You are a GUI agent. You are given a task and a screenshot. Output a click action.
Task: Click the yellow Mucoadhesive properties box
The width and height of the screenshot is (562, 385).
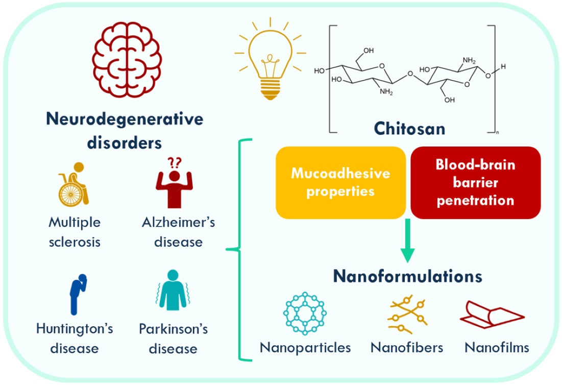coord(340,182)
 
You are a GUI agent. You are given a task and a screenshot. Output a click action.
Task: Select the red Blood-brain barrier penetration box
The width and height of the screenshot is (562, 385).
coord(475,182)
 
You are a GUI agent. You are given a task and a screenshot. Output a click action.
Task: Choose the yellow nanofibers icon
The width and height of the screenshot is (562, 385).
coord(407,314)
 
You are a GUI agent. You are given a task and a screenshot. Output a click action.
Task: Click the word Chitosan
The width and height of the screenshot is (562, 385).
coord(409,128)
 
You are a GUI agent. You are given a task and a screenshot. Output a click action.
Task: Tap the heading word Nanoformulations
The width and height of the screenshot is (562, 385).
coord(407,277)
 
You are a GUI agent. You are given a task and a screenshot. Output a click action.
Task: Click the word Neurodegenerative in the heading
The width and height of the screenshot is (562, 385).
coord(125,119)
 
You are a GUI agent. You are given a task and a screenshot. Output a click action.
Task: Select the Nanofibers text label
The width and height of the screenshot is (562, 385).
coord(407,348)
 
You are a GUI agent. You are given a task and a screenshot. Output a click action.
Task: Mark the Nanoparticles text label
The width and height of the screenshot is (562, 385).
coord(305,348)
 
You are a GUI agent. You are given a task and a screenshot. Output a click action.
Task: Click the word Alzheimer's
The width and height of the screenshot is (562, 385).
coord(178,223)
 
